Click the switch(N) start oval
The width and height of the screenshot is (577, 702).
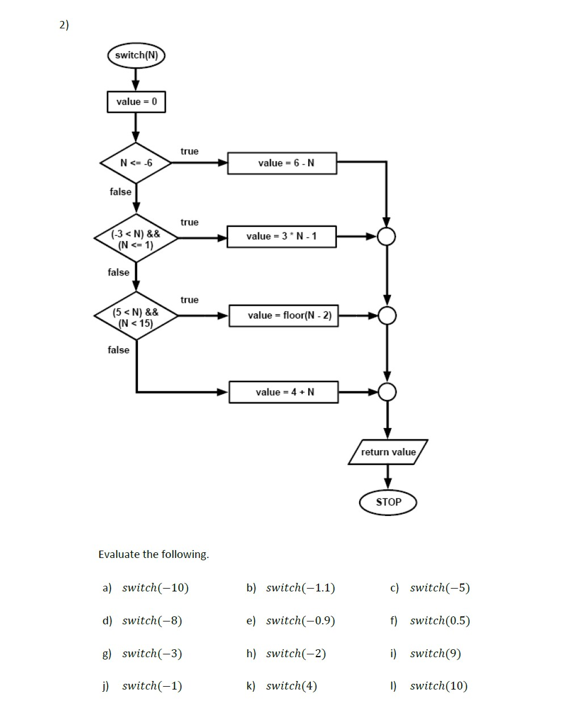click(136, 55)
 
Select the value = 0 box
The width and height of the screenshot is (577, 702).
click(136, 102)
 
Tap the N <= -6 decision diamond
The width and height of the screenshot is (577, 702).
click(136, 163)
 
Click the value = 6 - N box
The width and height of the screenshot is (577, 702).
click(282, 163)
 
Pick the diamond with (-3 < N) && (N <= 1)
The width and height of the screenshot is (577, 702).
click(136, 239)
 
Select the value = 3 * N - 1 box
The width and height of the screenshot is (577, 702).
click(281, 236)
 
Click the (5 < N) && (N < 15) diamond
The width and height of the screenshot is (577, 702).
click(136, 317)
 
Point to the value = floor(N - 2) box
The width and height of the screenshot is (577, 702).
click(283, 315)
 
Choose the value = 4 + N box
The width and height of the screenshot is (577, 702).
click(283, 392)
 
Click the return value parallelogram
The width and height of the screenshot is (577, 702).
click(388, 452)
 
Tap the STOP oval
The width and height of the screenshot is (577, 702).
click(388, 502)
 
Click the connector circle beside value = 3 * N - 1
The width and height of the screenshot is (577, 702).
click(386, 236)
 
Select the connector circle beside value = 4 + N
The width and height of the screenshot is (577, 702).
click(387, 392)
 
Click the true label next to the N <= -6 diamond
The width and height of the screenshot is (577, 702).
click(189, 151)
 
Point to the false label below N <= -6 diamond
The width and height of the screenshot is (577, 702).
click(120, 192)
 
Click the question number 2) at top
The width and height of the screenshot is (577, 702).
click(64, 25)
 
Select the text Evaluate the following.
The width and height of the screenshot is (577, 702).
click(153, 554)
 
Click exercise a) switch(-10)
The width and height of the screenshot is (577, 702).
click(146, 587)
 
